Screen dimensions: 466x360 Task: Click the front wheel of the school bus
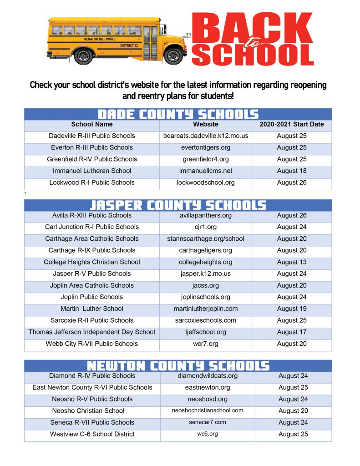point(173,56)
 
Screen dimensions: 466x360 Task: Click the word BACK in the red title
point(252,29)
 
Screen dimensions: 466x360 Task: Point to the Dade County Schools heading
point(178,114)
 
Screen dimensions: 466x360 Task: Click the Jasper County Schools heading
point(178,205)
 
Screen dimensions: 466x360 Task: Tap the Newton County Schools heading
point(178,366)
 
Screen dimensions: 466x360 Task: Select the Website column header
point(206,124)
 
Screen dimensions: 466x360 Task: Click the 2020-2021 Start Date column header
point(292,124)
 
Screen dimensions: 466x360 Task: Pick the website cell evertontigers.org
point(206,147)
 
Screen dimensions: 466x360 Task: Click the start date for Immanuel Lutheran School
point(292,171)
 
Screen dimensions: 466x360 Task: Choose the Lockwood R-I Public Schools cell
point(92,182)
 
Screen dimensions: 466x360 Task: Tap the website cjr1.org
point(206,227)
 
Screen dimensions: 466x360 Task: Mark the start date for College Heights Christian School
point(292,262)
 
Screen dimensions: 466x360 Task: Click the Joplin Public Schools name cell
point(92,297)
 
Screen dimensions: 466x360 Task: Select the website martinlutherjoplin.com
point(206,309)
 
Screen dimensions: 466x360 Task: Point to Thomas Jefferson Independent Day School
point(92,332)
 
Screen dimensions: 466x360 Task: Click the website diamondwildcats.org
point(208,376)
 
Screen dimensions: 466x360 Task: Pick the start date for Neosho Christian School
point(293,411)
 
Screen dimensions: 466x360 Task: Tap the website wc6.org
point(208,434)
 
